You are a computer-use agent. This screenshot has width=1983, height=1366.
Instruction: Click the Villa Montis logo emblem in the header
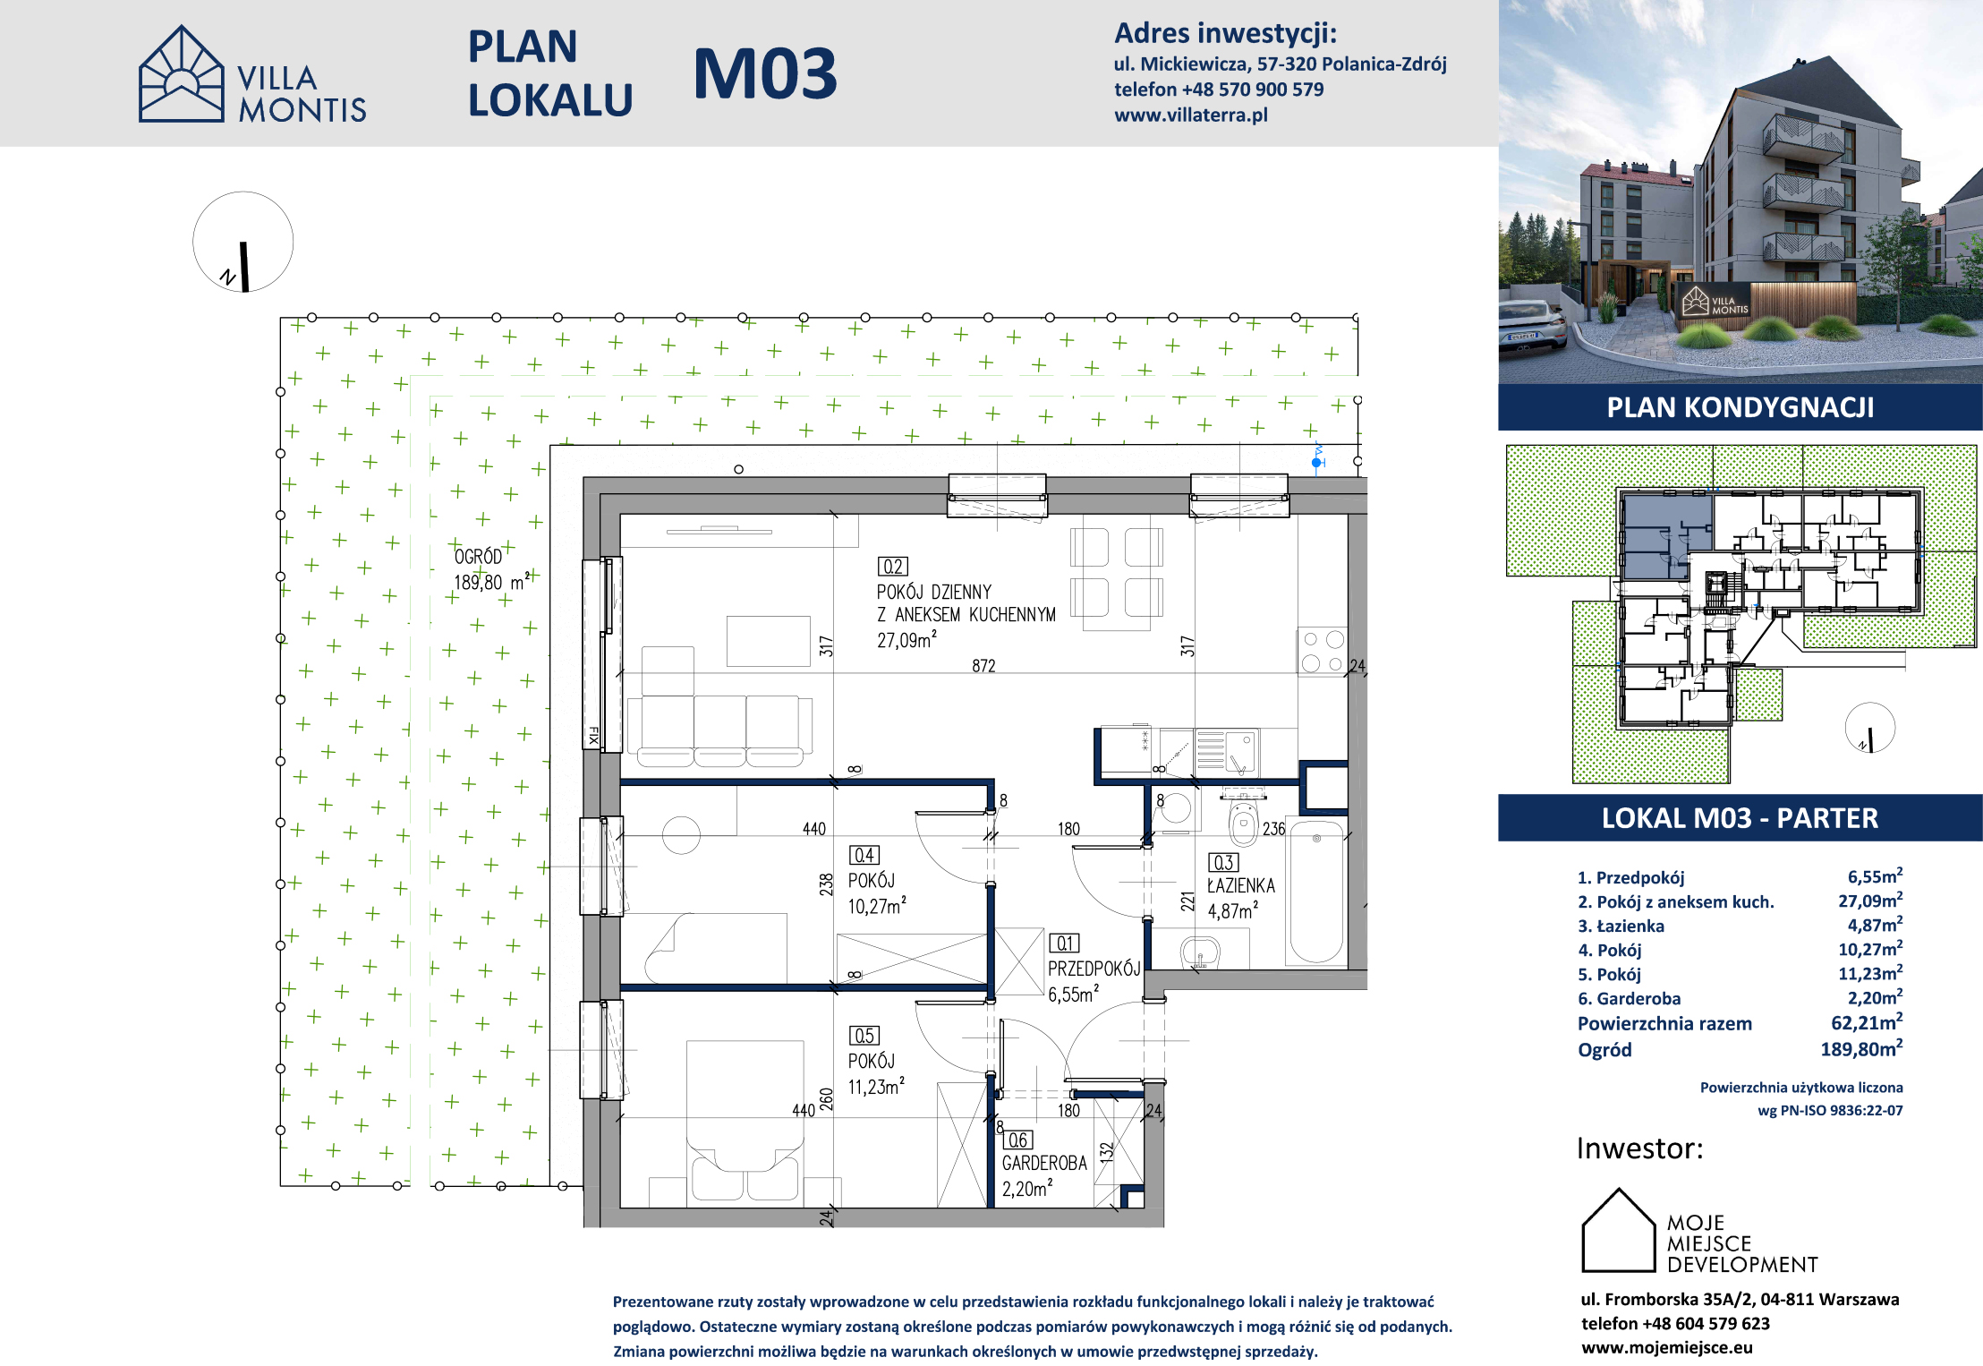tap(182, 73)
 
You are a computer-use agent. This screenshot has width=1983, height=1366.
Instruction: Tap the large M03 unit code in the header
tap(765, 73)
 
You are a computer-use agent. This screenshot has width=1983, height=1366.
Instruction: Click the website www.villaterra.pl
tap(1190, 115)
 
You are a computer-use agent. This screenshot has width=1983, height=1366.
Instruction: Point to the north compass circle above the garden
tap(243, 242)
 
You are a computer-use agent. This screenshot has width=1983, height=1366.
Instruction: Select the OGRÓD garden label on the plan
tap(478, 557)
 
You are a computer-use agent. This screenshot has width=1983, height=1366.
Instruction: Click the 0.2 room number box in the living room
tap(892, 567)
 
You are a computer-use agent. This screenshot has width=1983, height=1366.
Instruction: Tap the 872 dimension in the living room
tap(983, 666)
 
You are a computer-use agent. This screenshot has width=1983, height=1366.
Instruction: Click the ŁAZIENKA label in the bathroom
tap(1241, 886)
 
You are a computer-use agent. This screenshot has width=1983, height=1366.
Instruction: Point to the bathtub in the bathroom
tap(1315, 892)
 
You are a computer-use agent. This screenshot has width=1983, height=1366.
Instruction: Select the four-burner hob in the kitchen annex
tap(1323, 652)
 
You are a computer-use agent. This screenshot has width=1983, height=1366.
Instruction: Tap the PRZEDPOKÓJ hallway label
tap(1094, 969)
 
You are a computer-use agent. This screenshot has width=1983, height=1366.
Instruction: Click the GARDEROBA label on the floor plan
tap(1044, 1164)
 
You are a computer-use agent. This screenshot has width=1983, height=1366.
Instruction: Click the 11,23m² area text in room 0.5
tap(876, 1087)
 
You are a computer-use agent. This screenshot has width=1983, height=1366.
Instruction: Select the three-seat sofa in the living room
tap(719, 731)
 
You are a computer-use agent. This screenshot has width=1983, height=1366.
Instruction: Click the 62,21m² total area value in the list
tap(1867, 1022)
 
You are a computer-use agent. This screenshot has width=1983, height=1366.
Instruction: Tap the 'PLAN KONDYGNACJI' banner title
tap(1740, 408)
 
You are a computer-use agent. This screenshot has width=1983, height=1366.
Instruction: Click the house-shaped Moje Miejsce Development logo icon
tap(1619, 1230)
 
